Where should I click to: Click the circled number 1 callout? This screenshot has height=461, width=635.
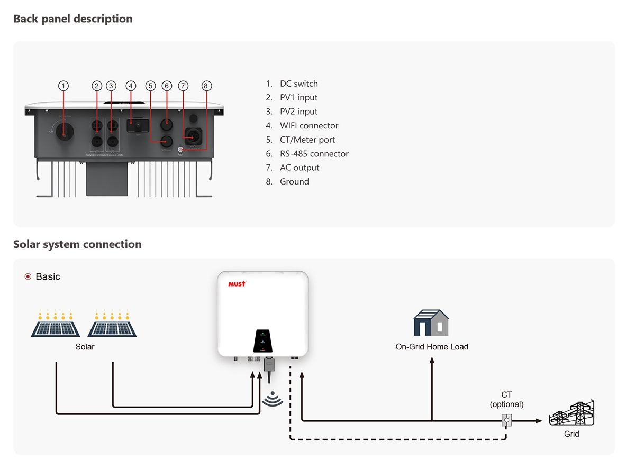63,86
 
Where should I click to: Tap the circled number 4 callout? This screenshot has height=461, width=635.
131,86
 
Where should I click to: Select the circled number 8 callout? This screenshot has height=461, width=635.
207,86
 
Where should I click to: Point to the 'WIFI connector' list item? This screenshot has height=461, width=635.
309,125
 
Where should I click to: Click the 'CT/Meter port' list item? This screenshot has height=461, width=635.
307,140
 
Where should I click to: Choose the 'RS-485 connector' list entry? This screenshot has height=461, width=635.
314,154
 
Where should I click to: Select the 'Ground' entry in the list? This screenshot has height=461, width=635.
294,181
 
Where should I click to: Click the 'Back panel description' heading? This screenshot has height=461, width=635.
73,19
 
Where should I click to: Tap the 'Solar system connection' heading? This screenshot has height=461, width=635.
77,244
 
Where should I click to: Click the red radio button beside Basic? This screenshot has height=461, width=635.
28,276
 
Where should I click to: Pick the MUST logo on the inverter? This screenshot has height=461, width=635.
237,284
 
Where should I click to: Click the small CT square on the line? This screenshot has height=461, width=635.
506,421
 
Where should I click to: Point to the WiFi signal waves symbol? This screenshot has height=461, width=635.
273,399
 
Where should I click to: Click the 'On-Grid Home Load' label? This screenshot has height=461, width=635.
432,347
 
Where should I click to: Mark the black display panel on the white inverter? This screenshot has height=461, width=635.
263,341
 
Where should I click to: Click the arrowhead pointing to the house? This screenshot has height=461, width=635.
432,361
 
